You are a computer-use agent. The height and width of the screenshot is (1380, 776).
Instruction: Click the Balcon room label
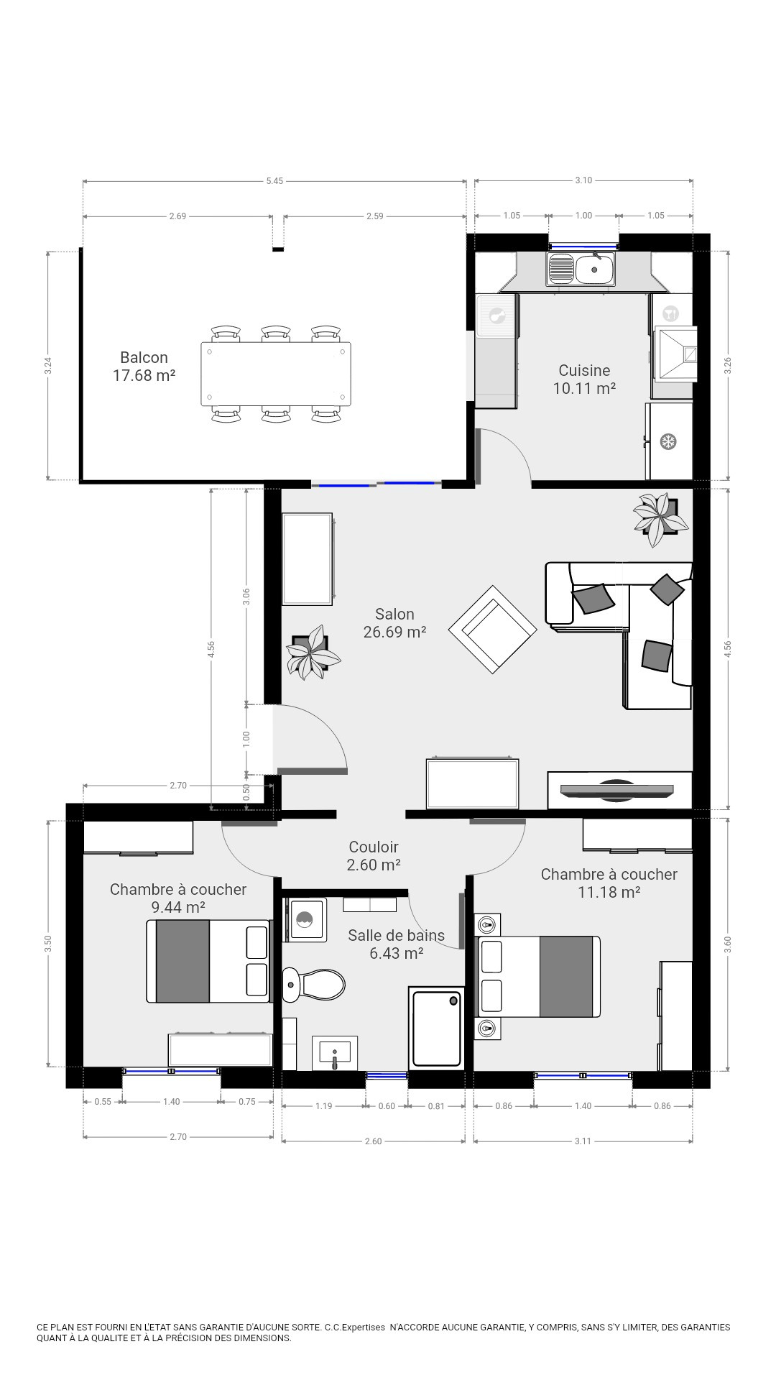pos(144,366)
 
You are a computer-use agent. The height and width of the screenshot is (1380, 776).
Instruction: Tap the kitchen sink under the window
pos(581,270)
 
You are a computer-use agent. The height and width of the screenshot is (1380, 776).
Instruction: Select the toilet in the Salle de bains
pos(313,984)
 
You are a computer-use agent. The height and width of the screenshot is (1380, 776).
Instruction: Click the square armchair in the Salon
pos(492,629)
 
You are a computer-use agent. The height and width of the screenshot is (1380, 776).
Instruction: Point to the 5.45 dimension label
pos(274,181)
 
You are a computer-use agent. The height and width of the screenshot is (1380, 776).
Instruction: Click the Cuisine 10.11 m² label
pos(584,379)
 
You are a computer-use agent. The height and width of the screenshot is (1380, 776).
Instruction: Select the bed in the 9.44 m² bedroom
pos(208,961)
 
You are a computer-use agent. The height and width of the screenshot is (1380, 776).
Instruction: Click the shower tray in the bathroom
pos(436,1029)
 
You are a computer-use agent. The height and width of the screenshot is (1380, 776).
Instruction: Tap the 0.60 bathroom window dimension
pos(387,1106)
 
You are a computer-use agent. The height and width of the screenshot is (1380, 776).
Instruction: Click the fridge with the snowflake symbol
pos(669,441)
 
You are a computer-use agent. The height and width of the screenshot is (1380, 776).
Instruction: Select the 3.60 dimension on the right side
pos(728,944)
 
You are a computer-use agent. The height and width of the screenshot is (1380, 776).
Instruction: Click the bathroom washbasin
pos(335,1053)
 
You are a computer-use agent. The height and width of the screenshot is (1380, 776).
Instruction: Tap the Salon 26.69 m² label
pos(394,622)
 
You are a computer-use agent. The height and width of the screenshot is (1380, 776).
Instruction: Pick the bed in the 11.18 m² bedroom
pos(539,976)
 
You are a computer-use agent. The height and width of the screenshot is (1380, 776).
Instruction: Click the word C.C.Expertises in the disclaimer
pos(355,1327)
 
